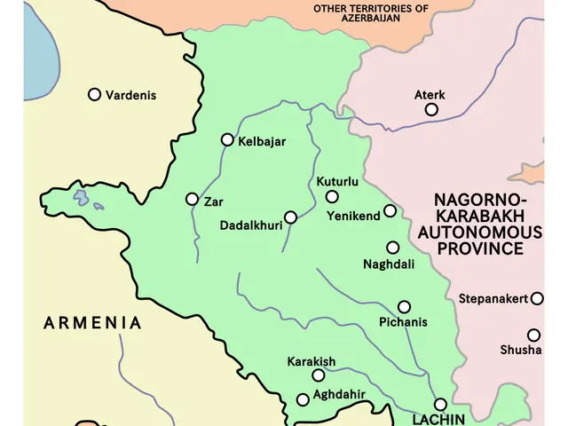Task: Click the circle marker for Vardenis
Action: (94, 94)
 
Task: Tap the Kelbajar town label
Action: (263, 140)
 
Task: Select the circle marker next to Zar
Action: (192, 199)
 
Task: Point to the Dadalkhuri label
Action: (250, 225)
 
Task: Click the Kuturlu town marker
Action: (332, 197)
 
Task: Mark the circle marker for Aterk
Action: (431, 109)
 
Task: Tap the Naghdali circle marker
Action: (392, 248)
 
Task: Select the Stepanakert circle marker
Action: (536, 299)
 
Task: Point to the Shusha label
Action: (520, 350)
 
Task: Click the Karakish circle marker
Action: (319, 375)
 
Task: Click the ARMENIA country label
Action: (92, 323)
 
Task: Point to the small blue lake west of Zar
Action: (82, 196)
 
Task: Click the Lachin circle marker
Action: (440, 404)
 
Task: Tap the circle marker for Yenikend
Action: (390, 211)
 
